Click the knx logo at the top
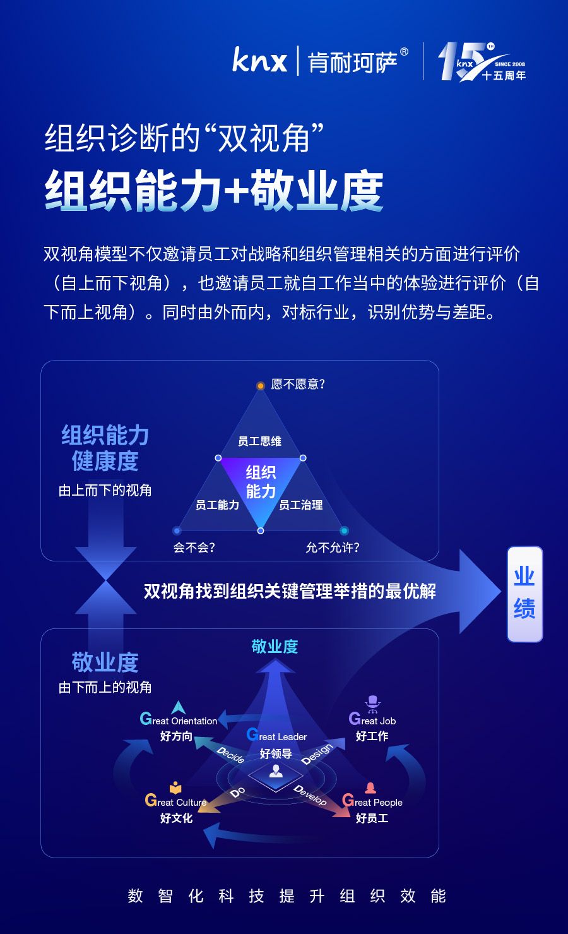259,61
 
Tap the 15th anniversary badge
482,62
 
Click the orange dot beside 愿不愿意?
260,385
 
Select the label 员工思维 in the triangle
259,441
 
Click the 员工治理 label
300,505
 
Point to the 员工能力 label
217,505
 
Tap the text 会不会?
194,548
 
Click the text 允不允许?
333,548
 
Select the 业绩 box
524,594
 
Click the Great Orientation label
179,720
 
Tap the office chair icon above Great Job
373,703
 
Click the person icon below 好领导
276,771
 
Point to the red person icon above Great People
370,787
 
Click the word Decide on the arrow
230,755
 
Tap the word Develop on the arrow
310,795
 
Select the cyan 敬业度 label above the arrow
275,646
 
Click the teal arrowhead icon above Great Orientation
179,707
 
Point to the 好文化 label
176,818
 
